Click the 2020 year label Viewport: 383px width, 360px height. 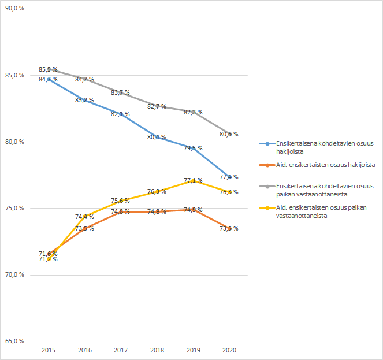(x=229, y=350)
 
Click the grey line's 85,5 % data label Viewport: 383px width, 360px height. (x=48, y=69)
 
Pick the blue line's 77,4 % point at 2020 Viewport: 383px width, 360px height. (x=229, y=176)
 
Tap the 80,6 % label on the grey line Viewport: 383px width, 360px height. (x=229, y=134)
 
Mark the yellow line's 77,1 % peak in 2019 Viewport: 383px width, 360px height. (x=192, y=180)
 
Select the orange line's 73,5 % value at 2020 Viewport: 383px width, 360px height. (x=229, y=228)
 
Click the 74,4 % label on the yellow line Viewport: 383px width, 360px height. (x=84, y=217)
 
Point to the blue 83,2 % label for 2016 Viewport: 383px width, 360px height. (x=84, y=100)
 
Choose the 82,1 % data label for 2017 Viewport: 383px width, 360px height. (x=120, y=114)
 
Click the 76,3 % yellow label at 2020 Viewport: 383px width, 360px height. (x=229, y=192)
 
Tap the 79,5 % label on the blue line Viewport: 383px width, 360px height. (x=192, y=149)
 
